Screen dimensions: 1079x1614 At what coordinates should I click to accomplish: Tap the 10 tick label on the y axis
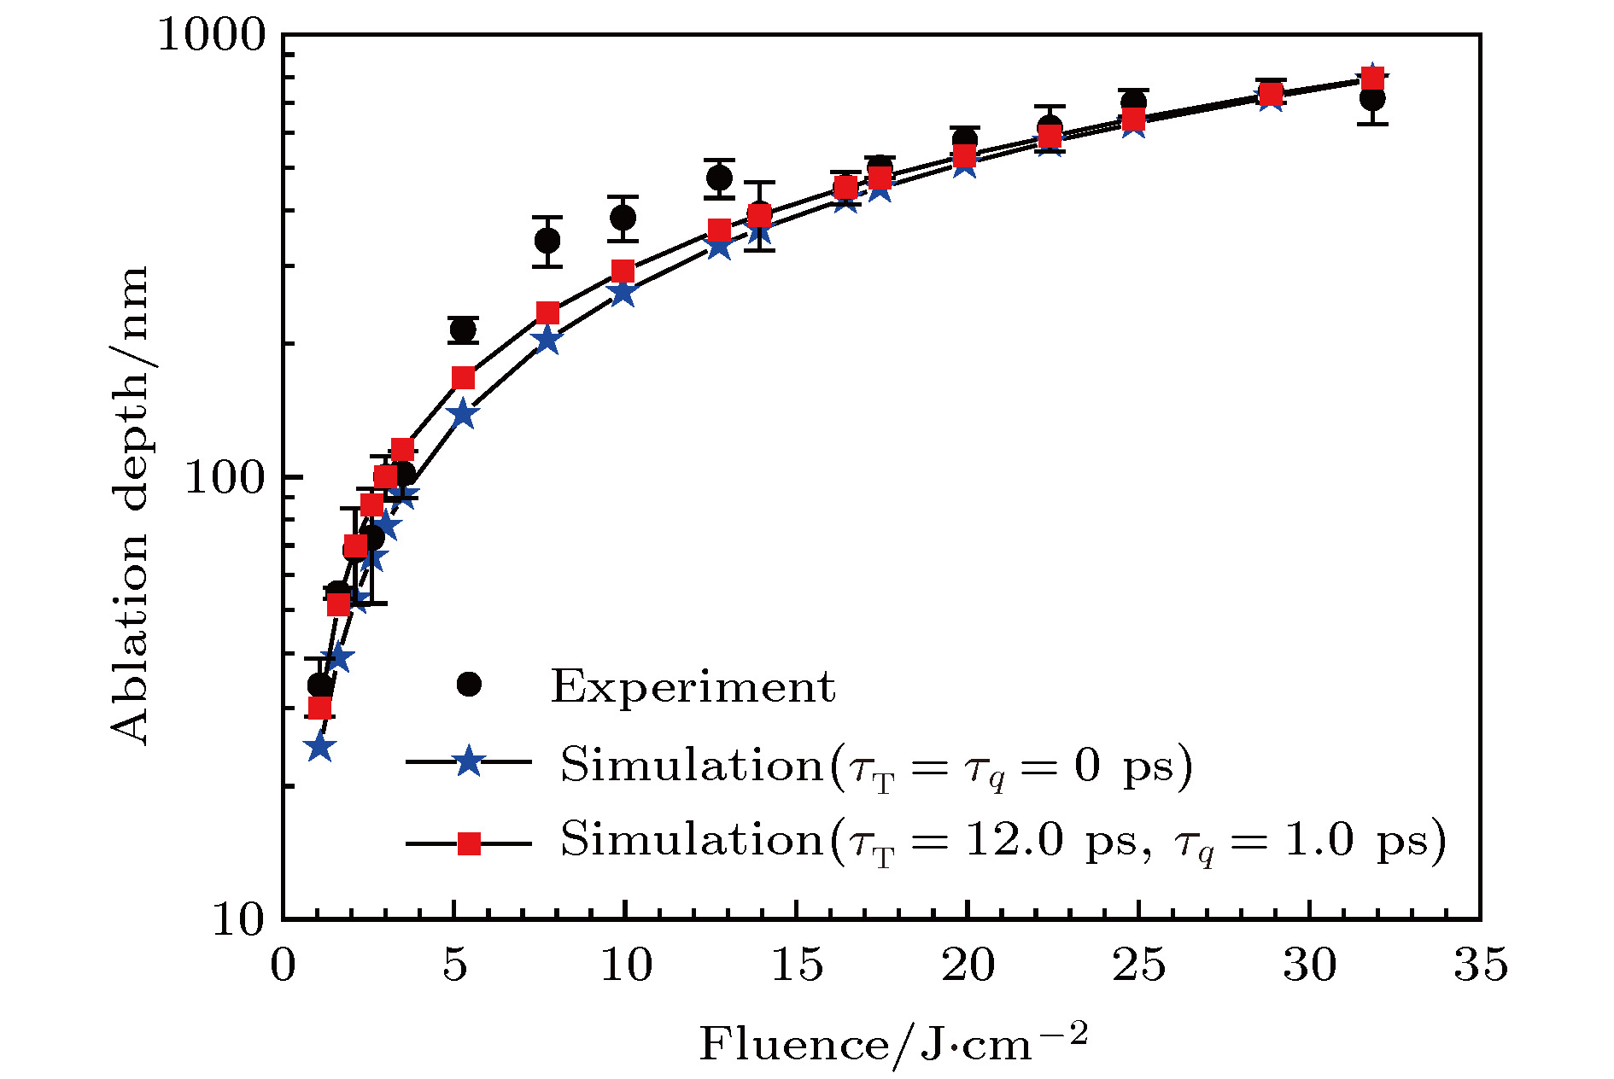click(x=238, y=919)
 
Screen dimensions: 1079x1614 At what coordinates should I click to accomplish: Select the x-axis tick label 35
click(x=1480, y=965)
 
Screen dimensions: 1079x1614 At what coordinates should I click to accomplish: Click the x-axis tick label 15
click(x=796, y=965)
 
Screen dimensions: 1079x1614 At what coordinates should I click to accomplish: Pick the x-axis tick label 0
click(x=283, y=965)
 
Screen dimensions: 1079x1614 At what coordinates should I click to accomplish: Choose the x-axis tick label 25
click(x=1138, y=965)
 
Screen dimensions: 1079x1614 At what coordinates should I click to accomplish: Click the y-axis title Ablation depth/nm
click(x=130, y=504)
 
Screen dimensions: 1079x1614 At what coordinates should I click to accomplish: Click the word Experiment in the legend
click(x=693, y=686)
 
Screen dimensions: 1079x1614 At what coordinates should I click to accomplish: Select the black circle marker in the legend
click(x=469, y=685)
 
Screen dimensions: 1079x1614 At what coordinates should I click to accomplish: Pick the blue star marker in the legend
click(x=469, y=760)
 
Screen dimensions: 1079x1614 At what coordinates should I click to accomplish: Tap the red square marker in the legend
click(x=469, y=843)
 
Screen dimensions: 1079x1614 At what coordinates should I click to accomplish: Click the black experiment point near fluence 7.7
click(x=547, y=241)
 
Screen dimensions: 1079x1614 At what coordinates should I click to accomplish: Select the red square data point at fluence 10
click(x=623, y=271)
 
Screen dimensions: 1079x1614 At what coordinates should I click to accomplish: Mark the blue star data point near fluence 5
click(x=463, y=414)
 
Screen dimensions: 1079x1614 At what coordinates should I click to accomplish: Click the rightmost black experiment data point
click(x=1372, y=98)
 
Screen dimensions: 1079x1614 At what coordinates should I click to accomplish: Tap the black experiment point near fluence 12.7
click(x=719, y=178)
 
